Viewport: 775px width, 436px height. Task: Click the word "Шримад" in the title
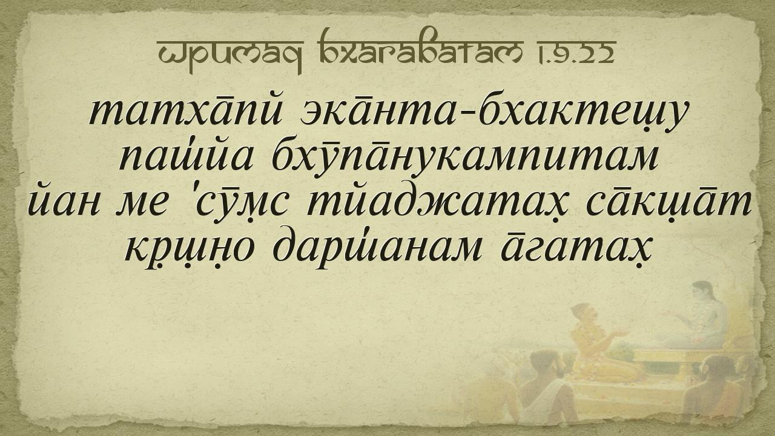pos(230,53)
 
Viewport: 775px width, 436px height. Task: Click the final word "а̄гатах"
pos(576,249)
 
